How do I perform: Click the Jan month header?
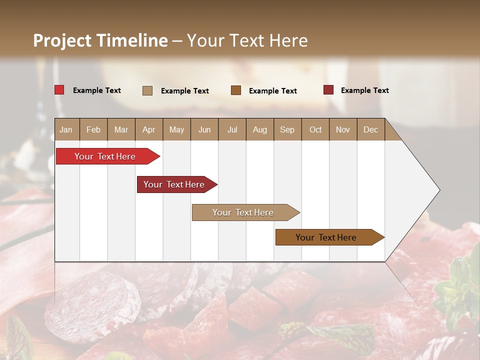(66, 129)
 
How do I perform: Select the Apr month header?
(148, 129)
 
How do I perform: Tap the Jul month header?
(232, 129)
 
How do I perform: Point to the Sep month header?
(287, 129)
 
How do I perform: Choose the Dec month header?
(370, 129)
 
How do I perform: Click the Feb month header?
(93, 129)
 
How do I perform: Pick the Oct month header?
(315, 129)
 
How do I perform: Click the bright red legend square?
(59, 90)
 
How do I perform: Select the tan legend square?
(147, 90)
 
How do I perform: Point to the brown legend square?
(236, 90)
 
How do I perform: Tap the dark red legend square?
(328, 90)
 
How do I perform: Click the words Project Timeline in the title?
(100, 40)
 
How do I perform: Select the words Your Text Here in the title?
(247, 40)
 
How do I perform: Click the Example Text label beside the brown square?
(272, 91)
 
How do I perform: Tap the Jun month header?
(204, 129)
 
